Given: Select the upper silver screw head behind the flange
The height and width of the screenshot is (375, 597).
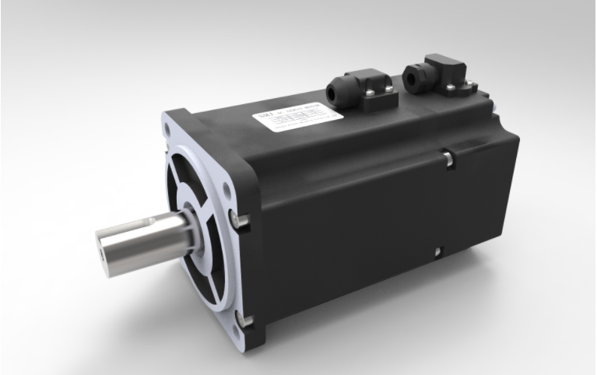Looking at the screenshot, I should click(243, 223).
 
